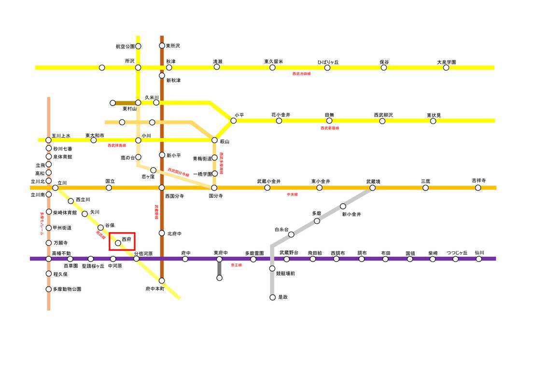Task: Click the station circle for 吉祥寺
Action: pos(478,188)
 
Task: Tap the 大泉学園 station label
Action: pos(446,62)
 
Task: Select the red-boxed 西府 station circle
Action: pos(118,243)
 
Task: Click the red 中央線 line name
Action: pos(292,194)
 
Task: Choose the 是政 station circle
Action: pos(272,297)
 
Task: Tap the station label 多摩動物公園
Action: pos(67,289)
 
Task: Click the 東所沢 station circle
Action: pos(162,46)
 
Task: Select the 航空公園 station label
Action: pos(125,46)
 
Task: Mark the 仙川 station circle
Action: pos(478,259)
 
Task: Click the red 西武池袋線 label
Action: pos(302,74)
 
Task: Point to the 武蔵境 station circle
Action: pos(372,188)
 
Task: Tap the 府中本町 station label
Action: pos(155,289)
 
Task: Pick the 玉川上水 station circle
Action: pos(48,140)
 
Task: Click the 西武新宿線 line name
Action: pos(330,128)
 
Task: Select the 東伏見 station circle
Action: pos(433,121)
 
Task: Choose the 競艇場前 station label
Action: pos(285,274)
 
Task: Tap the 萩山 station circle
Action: pos(214,140)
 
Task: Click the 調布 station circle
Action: pos(362,259)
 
